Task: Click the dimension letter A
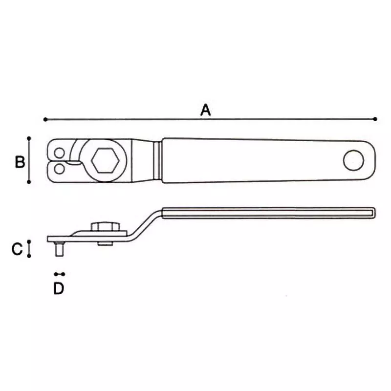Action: click(206, 110)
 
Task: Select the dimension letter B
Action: click(20, 162)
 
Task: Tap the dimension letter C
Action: click(17, 249)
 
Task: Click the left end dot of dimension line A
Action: click(45, 119)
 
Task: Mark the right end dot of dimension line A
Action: click(375, 119)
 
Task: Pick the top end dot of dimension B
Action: click(29, 138)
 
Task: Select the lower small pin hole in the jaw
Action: click(59, 169)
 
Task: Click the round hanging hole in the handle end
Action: click(353, 160)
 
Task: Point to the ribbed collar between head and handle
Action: click(158, 160)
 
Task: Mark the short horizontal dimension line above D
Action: click(60, 274)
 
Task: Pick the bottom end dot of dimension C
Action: click(29, 256)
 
